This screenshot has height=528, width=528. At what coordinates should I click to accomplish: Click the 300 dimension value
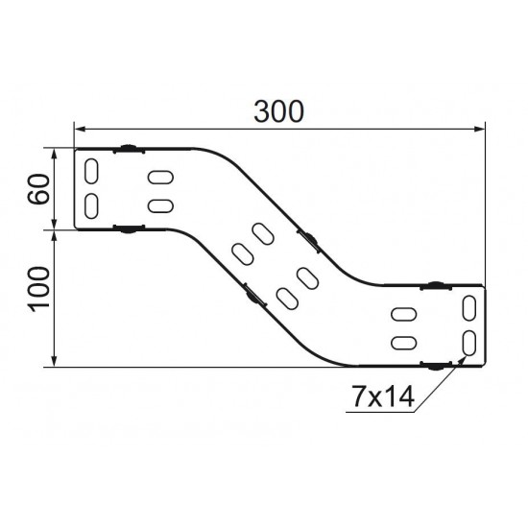pos(278,111)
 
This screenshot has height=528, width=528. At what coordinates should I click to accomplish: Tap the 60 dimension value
pos(38,188)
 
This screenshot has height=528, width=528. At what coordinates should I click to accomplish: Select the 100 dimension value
pos(38,290)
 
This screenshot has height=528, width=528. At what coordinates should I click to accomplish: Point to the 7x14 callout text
pos(382,396)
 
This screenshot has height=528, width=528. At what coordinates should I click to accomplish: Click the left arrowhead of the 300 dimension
pos(80,129)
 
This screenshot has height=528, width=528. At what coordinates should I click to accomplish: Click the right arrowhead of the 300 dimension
pos(479,129)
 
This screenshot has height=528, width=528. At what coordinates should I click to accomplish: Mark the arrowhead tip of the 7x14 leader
pos(466,356)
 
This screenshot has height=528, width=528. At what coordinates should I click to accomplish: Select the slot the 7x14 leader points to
pos(469,343)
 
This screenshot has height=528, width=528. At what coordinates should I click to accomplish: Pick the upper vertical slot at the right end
pos(469,308)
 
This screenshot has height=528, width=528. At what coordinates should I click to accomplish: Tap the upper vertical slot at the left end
pos(91,172)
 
